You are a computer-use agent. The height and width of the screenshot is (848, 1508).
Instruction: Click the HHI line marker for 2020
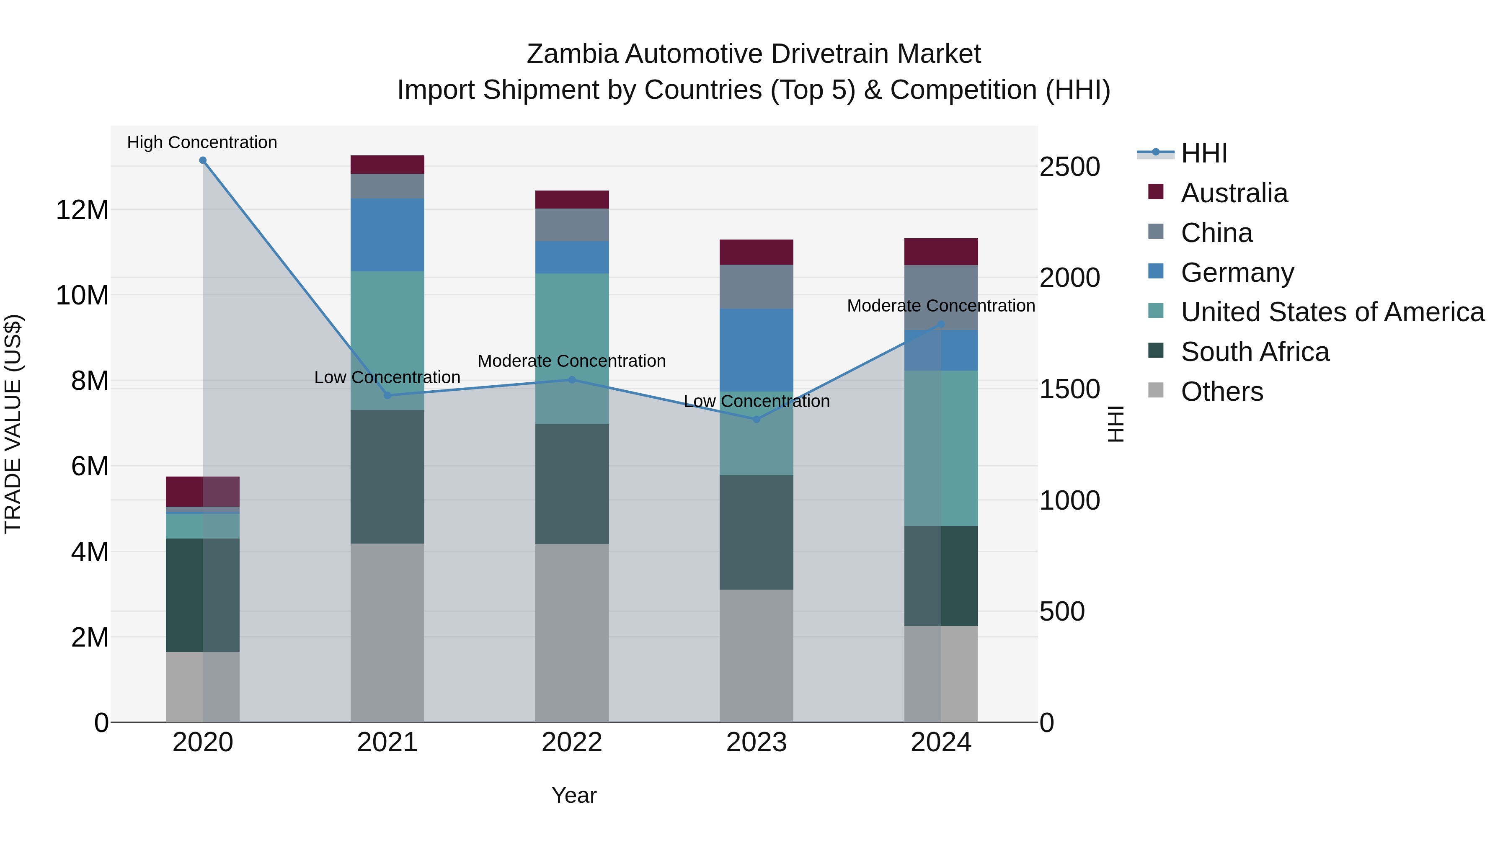point(203,160)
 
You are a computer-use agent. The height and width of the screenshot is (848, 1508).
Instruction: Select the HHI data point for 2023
point(757,419)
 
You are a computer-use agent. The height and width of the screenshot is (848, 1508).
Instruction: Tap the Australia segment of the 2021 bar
point(387,165)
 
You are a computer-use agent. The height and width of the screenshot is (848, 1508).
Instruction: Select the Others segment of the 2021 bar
point(387,632)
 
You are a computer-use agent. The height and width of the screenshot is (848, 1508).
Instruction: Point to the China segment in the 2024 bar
point(941,297)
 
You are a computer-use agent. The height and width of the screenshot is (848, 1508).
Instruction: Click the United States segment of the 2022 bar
point(572,349)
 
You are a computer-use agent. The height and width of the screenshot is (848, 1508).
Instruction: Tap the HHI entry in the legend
point(1203,153)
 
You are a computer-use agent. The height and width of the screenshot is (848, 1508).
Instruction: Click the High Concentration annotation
point(202,142)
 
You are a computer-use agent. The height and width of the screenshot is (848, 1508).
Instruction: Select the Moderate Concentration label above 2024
point(941,306)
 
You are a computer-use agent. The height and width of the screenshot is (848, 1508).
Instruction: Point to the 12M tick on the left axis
point(82,209)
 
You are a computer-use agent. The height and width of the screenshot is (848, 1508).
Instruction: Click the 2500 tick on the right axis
point(1069,167)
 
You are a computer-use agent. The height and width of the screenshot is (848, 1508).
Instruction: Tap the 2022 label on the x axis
point(572,742)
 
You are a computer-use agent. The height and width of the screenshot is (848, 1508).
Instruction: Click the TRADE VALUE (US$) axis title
point(13,424)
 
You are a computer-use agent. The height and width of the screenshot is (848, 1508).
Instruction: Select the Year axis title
point(574,795)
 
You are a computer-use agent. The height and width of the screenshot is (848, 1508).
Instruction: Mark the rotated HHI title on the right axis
point(1116,424)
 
